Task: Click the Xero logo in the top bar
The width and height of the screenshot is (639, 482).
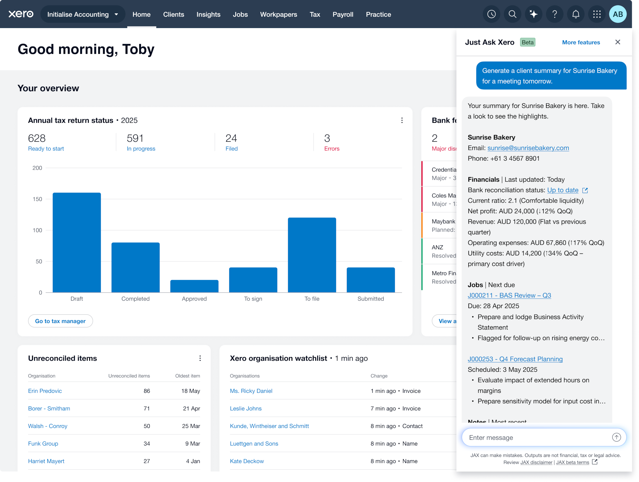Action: pos(21,14)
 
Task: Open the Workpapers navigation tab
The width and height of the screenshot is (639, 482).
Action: pos(278,14)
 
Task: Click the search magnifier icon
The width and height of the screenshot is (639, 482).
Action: pos(512,14)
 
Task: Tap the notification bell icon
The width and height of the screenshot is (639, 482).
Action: pos(575,14)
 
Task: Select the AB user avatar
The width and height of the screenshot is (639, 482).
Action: pos(618,14)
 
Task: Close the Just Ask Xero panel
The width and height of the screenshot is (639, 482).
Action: pos(618,42)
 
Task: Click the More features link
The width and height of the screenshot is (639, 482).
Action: pos(581,43)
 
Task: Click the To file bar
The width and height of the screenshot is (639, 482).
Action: pos(312,255)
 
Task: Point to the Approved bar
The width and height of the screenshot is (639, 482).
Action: pos(194,286)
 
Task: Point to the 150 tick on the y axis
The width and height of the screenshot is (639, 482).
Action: pos(37,199)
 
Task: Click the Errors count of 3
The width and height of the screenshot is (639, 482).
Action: pos(327,138)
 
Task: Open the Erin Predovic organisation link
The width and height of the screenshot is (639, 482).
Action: pos(45,391)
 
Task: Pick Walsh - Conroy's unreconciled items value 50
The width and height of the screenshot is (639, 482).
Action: pos(147,426)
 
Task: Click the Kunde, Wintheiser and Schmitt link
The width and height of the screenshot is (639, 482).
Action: pos(269,426)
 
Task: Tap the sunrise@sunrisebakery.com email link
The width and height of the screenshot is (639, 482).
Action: pos(528,148)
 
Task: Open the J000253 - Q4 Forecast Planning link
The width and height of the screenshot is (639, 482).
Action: pos(515,359)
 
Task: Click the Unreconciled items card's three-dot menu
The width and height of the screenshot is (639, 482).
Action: pos(200,358)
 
